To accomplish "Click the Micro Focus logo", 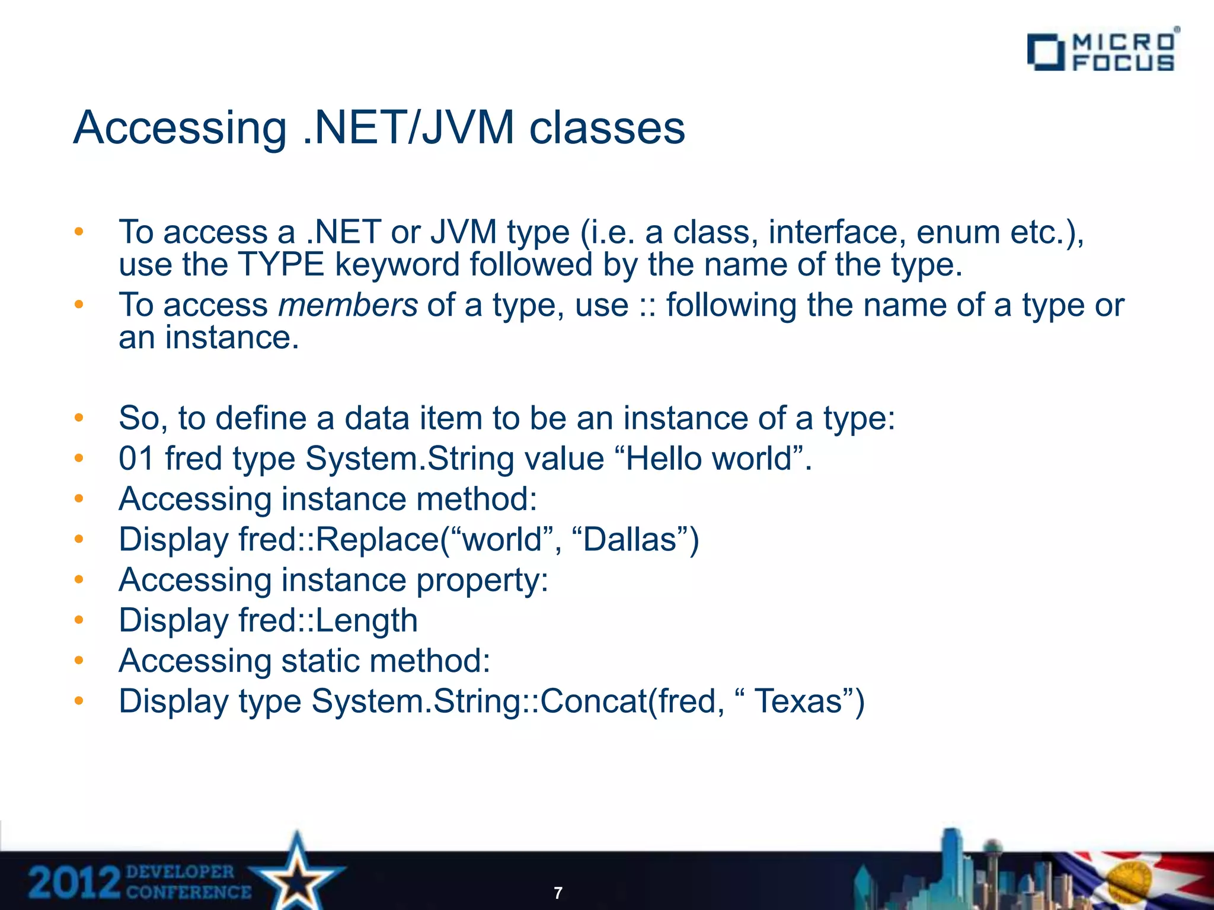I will pyautogui.click(x=1101, y=52).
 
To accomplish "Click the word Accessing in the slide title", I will pyautogui.click(x=180, y=128).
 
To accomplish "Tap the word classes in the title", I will pyautogui.click(x=606, y=128).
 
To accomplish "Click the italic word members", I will pyautogui.click(x=348, y=306).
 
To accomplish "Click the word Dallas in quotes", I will pyautogui.click(x=630, y=540).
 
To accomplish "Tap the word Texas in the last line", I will pyautogui.click(x=798, y=701).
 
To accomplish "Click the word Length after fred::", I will pyautogui.click(x=366, y=621).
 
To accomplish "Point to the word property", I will pyautogui.click(x=482, y=581).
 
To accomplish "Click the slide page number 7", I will pyautogui.click(x=558, y=893).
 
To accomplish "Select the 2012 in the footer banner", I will pyautogui.click(x=75, y=883).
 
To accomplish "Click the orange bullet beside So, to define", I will pyautogui.click(x=79, y=418).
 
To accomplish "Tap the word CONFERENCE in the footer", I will pyautogui.click(x=189, y=892).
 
